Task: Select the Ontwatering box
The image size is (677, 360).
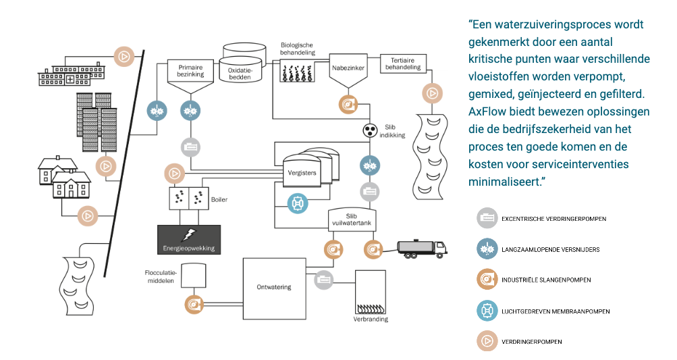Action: [273, 287]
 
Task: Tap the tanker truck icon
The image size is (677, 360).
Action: [422, 249]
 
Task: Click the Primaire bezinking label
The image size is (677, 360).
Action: [190, 71]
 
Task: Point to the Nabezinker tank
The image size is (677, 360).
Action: [348, 70]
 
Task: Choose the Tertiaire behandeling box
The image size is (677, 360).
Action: [402, 63]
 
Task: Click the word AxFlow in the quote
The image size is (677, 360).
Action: [487, 111]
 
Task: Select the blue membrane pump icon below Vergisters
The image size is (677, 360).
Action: [298, 203]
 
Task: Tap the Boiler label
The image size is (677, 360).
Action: [220, 200]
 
